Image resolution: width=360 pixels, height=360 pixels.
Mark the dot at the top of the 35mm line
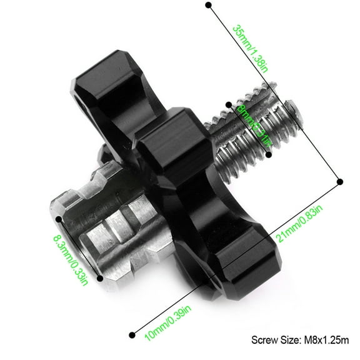(209, 6)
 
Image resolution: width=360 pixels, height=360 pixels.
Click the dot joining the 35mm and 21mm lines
(339, 181)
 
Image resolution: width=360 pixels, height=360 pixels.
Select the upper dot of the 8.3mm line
(58, 219)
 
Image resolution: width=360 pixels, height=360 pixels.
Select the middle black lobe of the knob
(169, 144)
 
